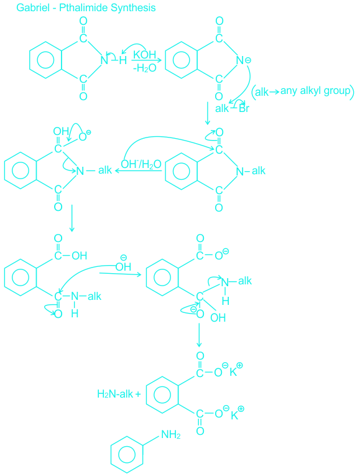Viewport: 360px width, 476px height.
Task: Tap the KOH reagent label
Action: coord(145,55)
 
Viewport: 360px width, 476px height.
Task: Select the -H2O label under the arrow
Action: coord(145,68)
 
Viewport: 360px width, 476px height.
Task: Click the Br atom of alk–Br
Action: coord(244,108)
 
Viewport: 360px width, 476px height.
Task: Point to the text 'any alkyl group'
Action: coord(315,90)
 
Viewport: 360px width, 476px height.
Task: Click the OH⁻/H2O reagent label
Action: coord(141,164)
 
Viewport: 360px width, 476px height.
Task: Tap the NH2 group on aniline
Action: coord(171,435)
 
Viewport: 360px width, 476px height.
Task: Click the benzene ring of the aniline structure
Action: coord(127,454)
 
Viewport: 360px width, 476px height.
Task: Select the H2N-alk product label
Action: coord(115,394)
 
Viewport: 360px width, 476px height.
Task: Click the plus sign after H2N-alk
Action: coord(138,394)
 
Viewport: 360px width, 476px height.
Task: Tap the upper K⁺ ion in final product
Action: coord(236,370)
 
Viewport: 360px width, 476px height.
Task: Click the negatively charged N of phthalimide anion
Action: coord(241,60)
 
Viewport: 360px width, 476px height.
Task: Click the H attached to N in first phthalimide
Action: coord(123,60)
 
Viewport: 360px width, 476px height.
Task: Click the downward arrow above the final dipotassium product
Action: coord(199,335)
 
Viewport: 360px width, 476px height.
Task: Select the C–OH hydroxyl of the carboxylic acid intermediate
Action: coord(80,256)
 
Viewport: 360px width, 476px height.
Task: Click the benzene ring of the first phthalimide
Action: coord(45,60)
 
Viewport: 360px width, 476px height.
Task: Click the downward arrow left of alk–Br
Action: coord(208,113)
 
